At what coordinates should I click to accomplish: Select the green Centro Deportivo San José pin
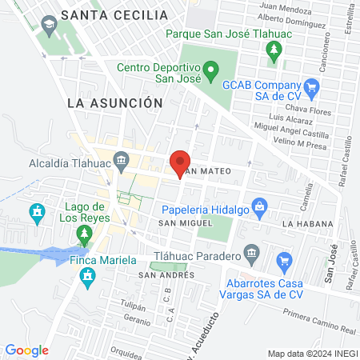pyautogui.click(x=210, y=71)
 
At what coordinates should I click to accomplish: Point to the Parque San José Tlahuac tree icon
pyautogui.click(x=274, y=52)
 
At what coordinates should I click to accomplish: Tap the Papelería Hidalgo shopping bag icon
pyautogui.click(x=258, y=206)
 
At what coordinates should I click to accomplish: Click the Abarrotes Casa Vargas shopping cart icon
pyautogui.click(x=283, y=260)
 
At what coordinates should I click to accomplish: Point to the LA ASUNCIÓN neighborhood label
pyautogui.click(x=115, y=103)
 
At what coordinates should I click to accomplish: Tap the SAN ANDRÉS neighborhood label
pyautogui.click(x=166, y=274)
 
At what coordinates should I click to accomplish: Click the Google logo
pyautogui.click(x=27, y=350)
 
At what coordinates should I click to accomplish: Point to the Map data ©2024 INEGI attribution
pyautogui.click(x=311, y=354)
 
